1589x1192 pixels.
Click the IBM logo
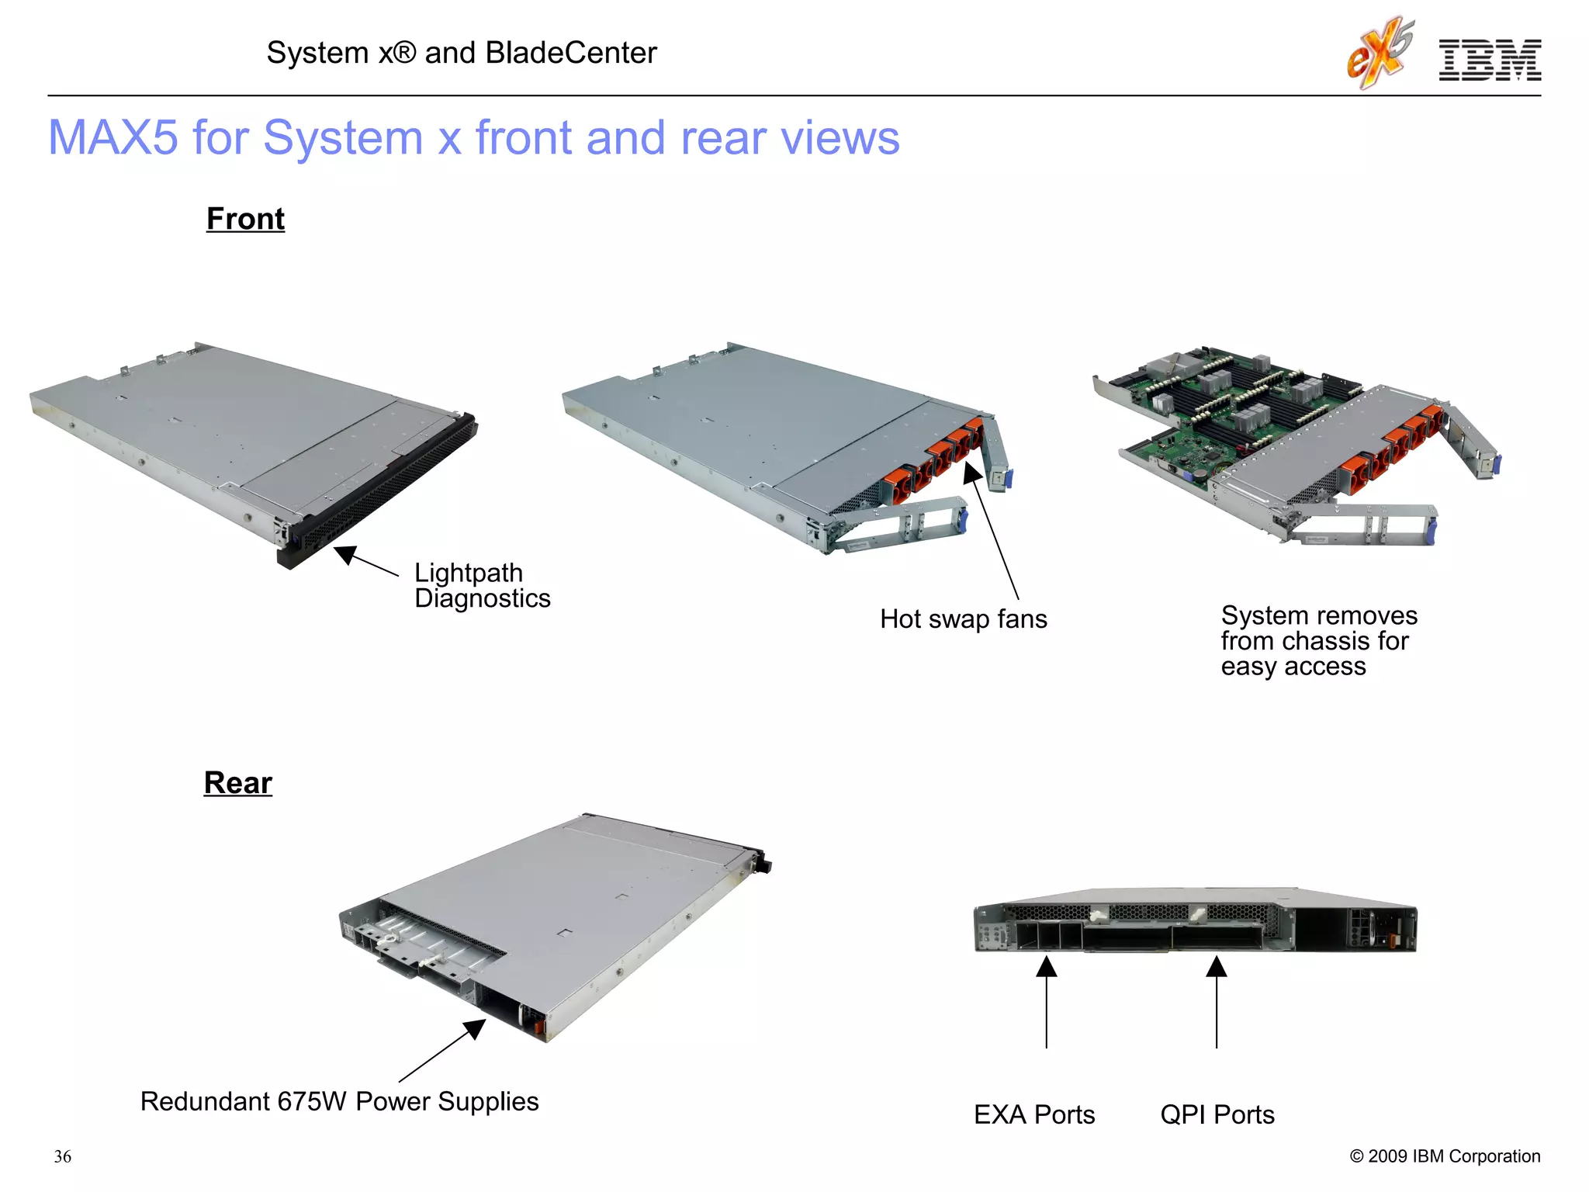click(1489, 60)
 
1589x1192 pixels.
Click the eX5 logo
click(1380, 53)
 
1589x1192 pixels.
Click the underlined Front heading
click(245, 219)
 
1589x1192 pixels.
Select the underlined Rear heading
click(237, 782)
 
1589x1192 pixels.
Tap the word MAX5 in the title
click(113, 138)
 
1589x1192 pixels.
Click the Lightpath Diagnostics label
click(482, 585)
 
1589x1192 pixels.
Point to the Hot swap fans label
click(963, 619)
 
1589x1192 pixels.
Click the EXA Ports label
click(1033, 1114)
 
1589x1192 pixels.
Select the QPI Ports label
click(1217, 1114)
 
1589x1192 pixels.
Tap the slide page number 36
click(63, 1156)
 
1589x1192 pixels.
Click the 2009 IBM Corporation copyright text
click(1445, 1156)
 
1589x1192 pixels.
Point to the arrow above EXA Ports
click(1046, 1001)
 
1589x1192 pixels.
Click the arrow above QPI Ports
click(1216, 1001)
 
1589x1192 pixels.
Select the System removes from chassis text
click(1318, 641)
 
